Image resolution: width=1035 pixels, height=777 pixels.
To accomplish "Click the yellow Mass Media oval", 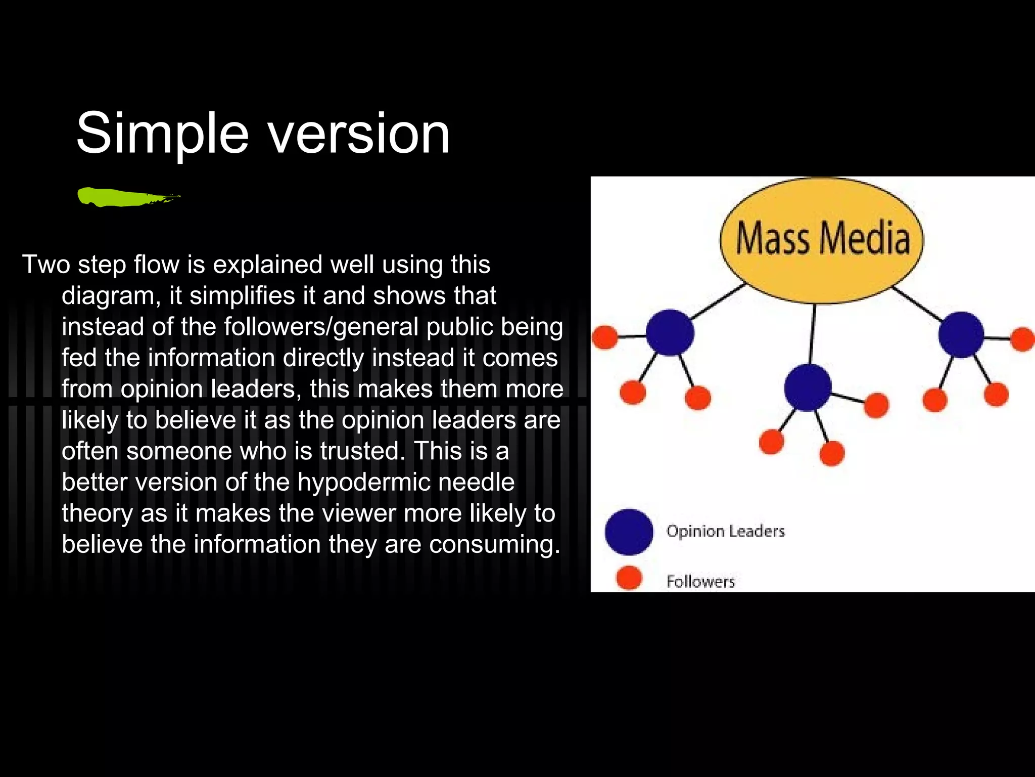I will click(x=822, y=240).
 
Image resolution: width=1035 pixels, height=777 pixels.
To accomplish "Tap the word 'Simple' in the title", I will click(x=162, y=134).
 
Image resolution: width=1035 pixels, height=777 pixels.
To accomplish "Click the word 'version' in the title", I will click(x=358, y=134).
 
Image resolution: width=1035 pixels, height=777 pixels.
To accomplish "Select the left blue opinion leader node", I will click(x=670, y=332).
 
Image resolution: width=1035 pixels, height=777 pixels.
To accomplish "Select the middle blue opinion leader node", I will click(x=808, y=387).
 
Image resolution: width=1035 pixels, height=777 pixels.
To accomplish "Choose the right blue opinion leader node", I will click(x=961, y=334).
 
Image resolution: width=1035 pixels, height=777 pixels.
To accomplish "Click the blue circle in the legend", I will click(x=629, y=532).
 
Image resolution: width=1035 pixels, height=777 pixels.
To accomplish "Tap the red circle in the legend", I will click(x=629, y=578).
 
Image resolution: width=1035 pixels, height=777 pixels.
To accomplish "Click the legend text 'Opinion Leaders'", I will click(x=725, y=531).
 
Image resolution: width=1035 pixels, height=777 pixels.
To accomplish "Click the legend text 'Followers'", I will click(x=700, y=581).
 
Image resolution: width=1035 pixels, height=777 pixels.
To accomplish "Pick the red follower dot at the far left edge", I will click(x=604, y=337).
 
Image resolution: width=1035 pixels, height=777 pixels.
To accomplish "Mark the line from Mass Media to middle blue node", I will click(x=812, y=334).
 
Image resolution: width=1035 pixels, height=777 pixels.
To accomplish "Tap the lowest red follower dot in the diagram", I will click(x=832, y=453).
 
